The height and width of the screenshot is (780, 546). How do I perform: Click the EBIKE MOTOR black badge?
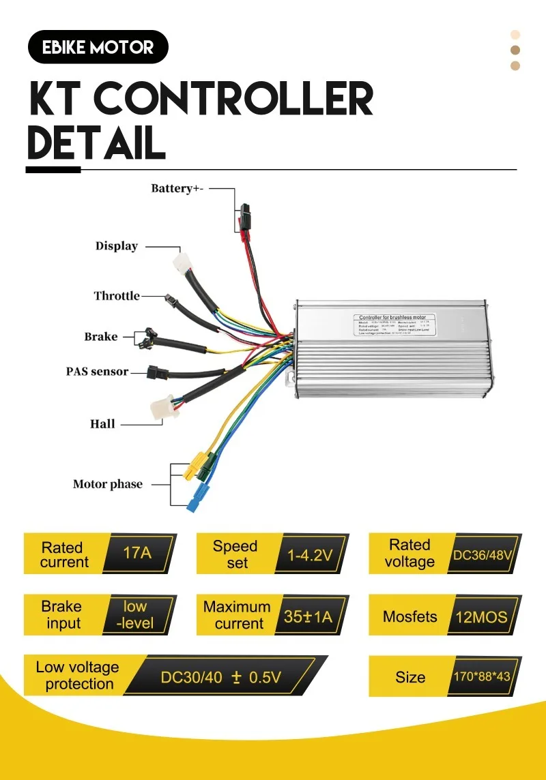(98, 47)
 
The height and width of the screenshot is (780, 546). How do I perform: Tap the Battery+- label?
(177, 188)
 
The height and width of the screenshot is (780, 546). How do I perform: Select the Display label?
(117, 246)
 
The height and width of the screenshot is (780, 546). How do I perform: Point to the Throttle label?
(117, 296)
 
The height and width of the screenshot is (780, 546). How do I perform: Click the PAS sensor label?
(97, 372)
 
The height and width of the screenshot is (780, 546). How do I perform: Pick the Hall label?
(102, 424)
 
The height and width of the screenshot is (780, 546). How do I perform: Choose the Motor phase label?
(108, 484)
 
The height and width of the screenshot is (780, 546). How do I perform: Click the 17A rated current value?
(137, 553)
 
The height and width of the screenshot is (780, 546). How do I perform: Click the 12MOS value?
(481, 617)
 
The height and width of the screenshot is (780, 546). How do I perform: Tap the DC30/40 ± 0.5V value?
(220, 678)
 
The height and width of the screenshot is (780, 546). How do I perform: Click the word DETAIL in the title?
(96, 142)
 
